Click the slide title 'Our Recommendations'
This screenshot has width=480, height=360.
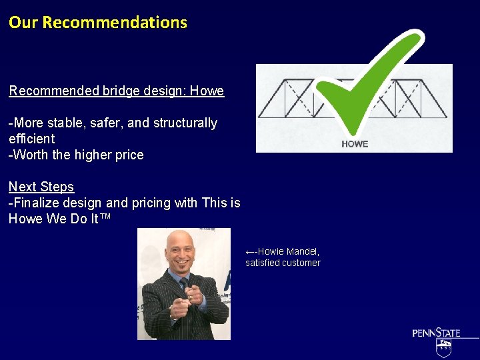click(x=98, y=22)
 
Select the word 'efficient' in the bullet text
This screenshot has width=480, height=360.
click(x=31, y=139)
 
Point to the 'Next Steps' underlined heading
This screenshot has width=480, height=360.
click(x=41, y=187)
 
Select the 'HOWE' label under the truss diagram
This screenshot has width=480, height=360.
click(x=354, y=144)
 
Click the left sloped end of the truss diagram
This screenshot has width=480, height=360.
click(x=267, y=100)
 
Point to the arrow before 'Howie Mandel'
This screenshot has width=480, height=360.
click(x=251, y=252)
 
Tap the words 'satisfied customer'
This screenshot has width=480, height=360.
click(x=283, y=263)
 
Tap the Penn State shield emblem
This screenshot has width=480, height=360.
click(x=444, y=347)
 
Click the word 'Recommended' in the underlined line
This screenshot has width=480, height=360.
click(x=53, y=91)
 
